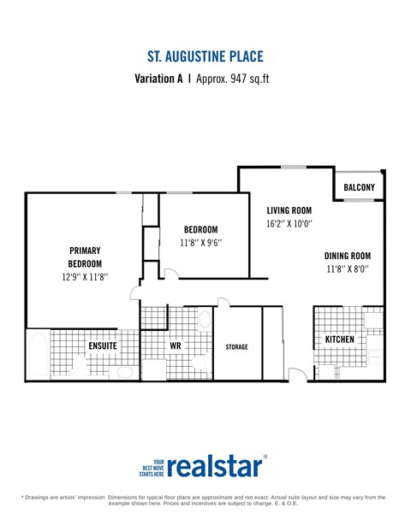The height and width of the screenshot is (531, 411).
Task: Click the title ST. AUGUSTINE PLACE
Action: [205, 56]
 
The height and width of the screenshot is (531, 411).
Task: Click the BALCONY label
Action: [359, 186]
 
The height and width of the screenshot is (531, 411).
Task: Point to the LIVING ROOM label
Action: [289, 210]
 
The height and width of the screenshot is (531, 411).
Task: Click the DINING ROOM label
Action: [347, 255]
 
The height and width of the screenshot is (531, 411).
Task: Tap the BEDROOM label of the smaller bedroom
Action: [201, 229]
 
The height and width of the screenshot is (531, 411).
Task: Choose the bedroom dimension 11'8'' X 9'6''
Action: [201, 243]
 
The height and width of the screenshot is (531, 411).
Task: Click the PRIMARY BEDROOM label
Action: [85, 257]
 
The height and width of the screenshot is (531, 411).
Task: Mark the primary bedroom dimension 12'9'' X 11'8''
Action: [85, 277]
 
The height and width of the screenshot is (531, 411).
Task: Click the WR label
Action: [175, 345]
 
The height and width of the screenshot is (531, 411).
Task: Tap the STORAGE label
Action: [236, 346]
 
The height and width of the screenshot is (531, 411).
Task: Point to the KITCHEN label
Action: [339, 339]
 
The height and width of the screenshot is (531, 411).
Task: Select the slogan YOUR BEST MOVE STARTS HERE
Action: [152, 466]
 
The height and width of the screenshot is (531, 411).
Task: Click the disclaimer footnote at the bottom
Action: [205, 499]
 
